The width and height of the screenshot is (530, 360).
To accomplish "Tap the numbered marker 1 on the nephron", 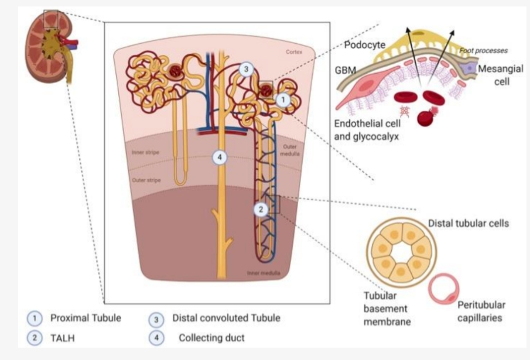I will (x=283, y=100).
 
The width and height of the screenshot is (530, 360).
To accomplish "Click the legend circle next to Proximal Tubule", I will (x=36, y=318).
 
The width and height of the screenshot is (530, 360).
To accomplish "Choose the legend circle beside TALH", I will (x=36, y=338).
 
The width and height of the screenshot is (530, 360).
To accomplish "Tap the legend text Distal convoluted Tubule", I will (x=226, y=318).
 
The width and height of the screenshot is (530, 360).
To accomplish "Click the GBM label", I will (x=346, y=70).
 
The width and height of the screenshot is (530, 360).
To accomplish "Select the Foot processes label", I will (x=483, y=51).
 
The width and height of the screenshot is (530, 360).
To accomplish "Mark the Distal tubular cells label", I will (x=468, y=223).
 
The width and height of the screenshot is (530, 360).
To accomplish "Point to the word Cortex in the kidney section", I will (x=294, y=52).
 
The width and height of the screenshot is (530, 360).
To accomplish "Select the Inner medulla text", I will (x=263, y=273).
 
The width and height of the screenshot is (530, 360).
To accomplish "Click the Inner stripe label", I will (x=145, y=153).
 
